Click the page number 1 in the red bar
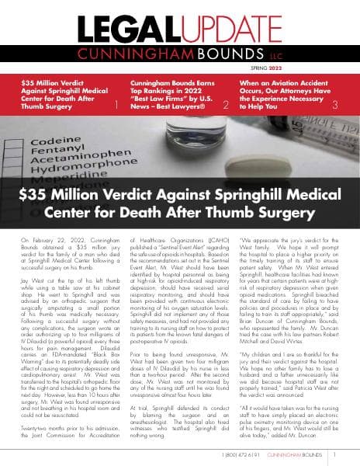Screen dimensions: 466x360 (x=116, y=103)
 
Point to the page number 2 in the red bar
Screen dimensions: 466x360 (x=225, y=103)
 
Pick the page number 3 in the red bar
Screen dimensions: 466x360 (x=334, y=103)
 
